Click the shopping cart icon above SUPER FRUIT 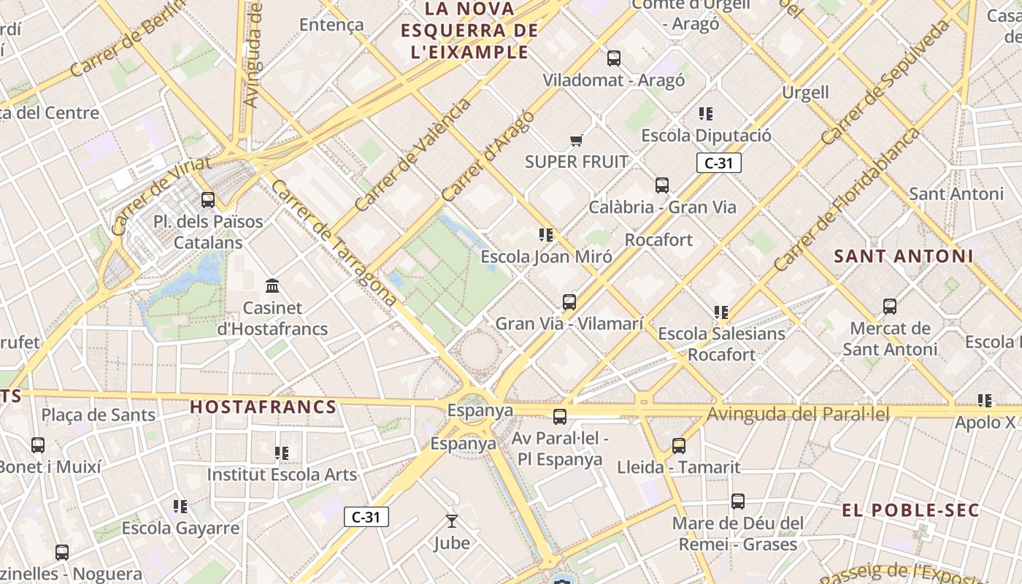coord(576,140)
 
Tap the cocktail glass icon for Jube coord(452,521)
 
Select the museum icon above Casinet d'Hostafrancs coord(273,285)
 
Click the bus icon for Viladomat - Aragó coord(614,58)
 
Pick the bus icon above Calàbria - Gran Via coord(662,185)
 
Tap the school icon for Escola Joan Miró coord(546,235)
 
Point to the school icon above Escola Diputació coord(706,114)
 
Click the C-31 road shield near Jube coord(366,518)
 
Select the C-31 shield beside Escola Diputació coord(719,163)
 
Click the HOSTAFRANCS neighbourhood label coord(264,407)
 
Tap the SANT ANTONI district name coord(904,256)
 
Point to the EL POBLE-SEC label coord(910,510)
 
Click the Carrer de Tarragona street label coord(334,242)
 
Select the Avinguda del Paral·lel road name coord(798,415)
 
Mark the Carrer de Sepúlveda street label coord(885,82)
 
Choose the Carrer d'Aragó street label coord(488,156)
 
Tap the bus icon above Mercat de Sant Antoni coord(890,307)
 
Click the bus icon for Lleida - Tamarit coord(679,446)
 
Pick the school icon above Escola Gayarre coord(180,506)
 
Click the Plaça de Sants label coord(99,415)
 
